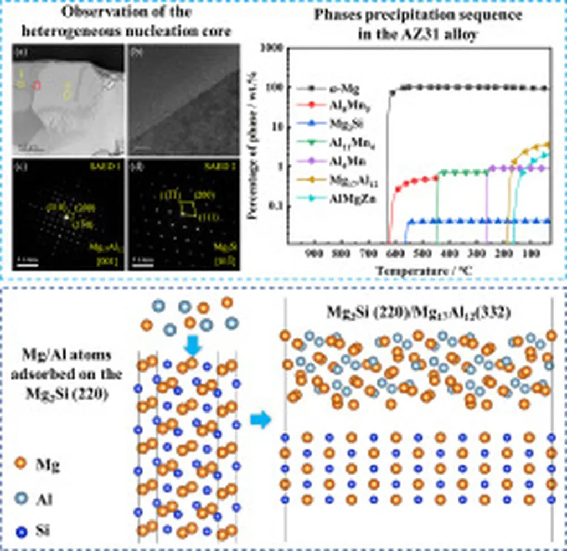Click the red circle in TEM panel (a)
[37, 86]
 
